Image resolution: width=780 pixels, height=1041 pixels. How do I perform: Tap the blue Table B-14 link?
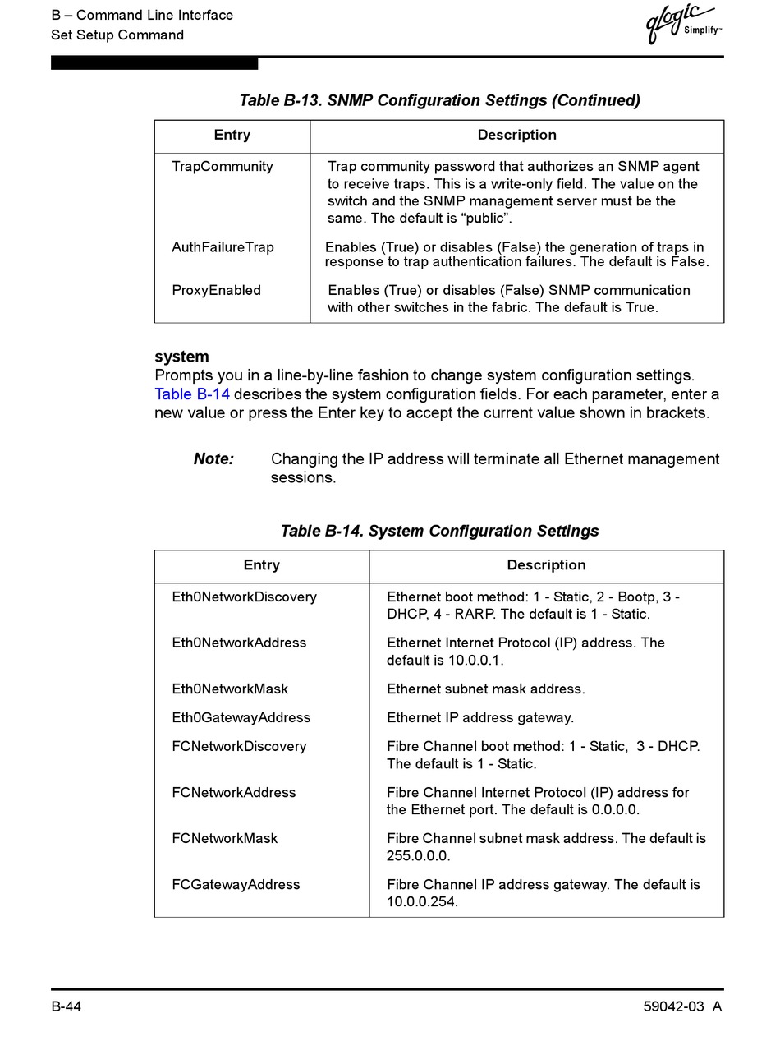pyautogui.click(x=192, y=394)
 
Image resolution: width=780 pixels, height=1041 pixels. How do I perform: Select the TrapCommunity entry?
pyautogui.click(x=222, y=167)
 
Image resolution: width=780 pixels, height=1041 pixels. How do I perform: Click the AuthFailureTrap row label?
pyautogui.click(x=223, y=247)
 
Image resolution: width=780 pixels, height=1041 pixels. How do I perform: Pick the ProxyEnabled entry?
pyautogui.click(x=216, y=290)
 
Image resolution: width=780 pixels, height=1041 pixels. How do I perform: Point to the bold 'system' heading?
pyautogui.click(x=181, y=357)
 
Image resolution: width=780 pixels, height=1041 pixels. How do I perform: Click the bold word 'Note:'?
pyautogui.click(x=213, y=459)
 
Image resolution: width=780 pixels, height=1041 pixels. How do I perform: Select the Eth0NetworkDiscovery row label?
pyautogui.click(x=244, y=597)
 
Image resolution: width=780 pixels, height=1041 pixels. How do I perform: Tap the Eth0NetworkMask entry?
pyautogui.click(x=230, y=689)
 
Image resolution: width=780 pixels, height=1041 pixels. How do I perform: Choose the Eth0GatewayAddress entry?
pyautogui.click(x=241, y=717)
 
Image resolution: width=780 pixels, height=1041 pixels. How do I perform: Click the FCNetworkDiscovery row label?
pyautogui.click(x=239, y=746)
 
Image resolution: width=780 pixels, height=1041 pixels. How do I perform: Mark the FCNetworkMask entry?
pyautogui.click(x=224, y=838)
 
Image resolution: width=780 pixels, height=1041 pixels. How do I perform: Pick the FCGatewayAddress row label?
pyautogui.click(x=236, y=884)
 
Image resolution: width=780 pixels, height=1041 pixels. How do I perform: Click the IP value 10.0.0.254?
pyautogui.click(x=421, y=901)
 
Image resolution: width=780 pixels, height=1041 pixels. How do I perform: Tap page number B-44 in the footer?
pyautogui.click(x=66, y=1007)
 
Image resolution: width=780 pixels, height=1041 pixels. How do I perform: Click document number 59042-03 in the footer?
pyautogui.click(x=674, y=1007)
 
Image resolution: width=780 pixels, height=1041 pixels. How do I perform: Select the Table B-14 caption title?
pyautogui.click(x=439, y=531)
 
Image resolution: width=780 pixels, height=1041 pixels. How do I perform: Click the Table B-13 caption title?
pyautogui.click(x=439, y=100)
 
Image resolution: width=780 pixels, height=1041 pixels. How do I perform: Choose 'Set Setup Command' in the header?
pyautogui.click(x=117, y=35)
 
